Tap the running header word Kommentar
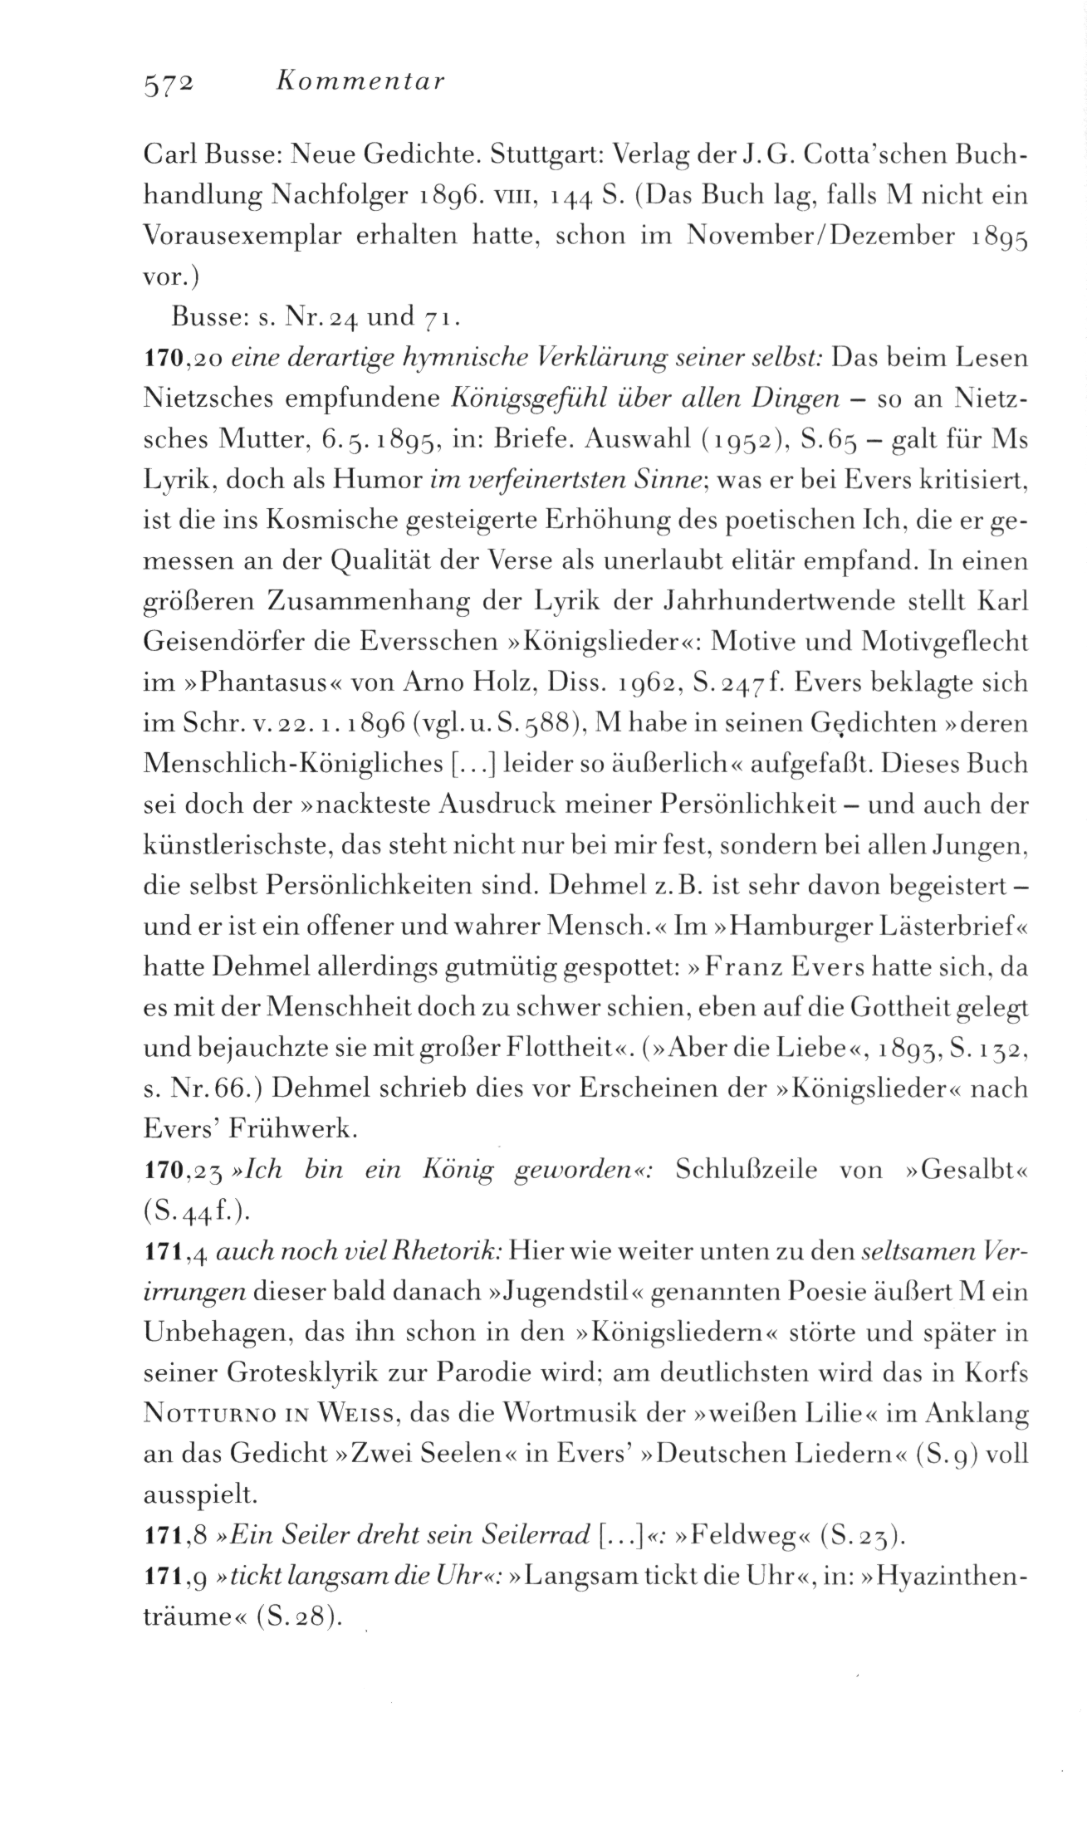click(x=359, y=81)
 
